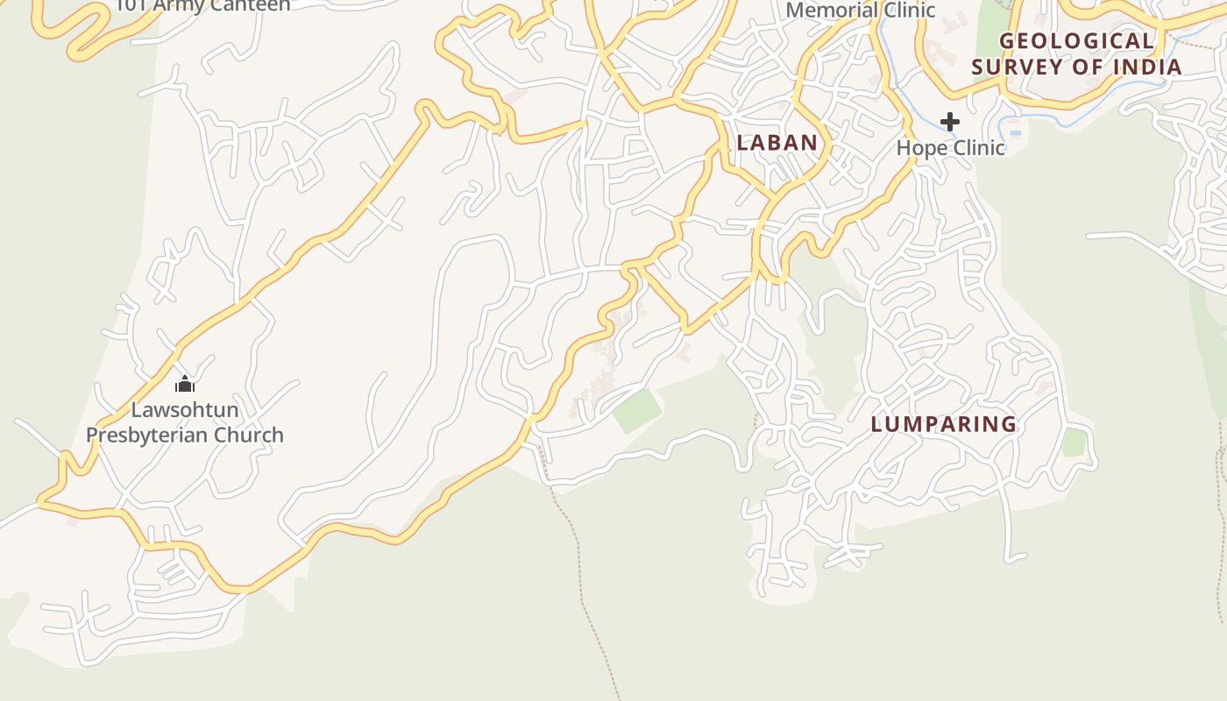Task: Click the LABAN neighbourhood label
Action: pyautogui.click(x=777, y=143)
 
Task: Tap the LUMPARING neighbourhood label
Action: pyautogui.click(x=944, y=424)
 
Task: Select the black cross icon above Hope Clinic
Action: pyautogui.click(x=950, y=122)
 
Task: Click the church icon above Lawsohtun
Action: pyautogui.click(x=184, y=384)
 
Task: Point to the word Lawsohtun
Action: pyautogui.click(x=185, y=409)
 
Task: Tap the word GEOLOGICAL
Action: pyautogui.click(x=1076, y=41)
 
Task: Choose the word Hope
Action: pyautogui.click(x=922, y=147)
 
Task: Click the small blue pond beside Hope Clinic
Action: pyautogui.click(x=1016, y=133)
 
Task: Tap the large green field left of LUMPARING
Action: pyautogui.click(x=637, y=410)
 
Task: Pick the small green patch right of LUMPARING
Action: pyautogui.click(x=1075, y=443)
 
